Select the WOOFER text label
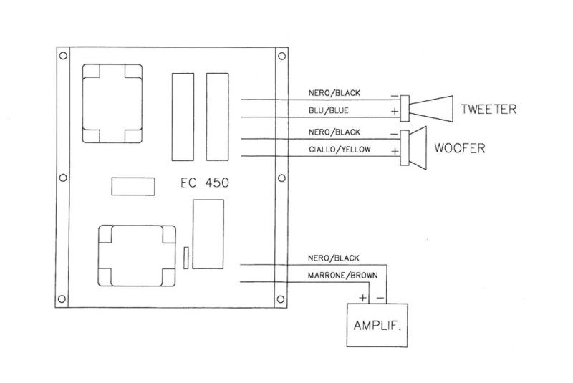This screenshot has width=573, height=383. [x=460, y=150]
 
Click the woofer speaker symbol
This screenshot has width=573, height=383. [x=414, y=148]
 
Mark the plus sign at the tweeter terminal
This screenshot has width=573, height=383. [x=394, y=112]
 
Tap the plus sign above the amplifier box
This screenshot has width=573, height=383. [x=363, y=296]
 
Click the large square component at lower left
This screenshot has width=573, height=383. [x=136, y=257]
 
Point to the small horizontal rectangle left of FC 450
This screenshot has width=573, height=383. [x=133, y=185]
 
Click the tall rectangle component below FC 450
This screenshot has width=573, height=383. [x=209, y=233]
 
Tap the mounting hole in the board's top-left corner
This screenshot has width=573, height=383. [x=63, y=55]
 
